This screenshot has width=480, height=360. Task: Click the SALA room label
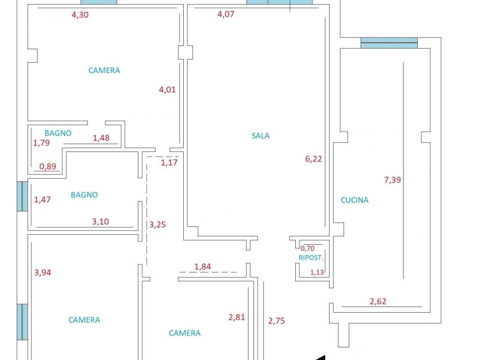click(x=261, y=135)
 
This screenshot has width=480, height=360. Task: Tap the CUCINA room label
click(x=354, y=200)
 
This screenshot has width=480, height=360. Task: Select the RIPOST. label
click(x=311, y=258)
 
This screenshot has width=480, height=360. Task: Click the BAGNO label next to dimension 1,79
click(x=58, y=133)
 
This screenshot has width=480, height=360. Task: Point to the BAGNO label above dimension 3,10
click(x=84, y=195)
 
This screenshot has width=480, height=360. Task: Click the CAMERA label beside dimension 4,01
click(x=104, y=70)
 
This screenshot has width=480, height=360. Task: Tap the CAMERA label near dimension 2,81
click(x=185, y=333)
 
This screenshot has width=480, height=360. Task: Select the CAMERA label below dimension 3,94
click(x=84, y=320)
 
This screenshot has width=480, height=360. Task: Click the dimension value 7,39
click(x=392, y=180)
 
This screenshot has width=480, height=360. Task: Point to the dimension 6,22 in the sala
click(x=314, y=159)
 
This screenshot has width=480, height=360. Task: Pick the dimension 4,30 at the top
click(x=80, y=15)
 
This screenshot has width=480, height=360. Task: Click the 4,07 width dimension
click(x=225, y=14)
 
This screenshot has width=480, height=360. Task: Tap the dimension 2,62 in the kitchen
click(x=378, y=301)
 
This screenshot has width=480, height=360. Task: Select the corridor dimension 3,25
click(x=157, y=225)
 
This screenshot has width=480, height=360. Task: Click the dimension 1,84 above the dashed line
click(x=202, y=267)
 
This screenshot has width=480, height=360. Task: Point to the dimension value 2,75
click(x=277, y=321)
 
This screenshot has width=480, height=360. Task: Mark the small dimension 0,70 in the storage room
click(x=307, y=248)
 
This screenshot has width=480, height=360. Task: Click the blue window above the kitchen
click(x=389, y=43)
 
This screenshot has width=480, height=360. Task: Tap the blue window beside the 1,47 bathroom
click(x=22, y=196)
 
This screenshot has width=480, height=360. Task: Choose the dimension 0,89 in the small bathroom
click(x=48, y=166)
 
